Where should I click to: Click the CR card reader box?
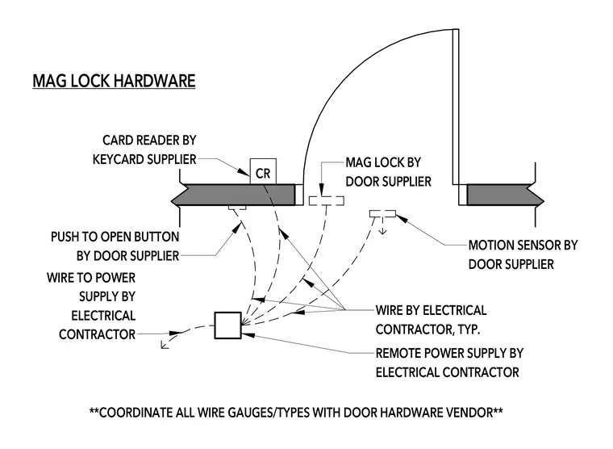263,171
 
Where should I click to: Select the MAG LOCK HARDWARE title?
114,81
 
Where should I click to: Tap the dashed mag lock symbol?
327,200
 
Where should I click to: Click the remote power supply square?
228,325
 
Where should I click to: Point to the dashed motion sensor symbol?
383,214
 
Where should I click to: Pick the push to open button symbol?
237,207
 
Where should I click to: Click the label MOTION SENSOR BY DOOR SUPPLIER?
523,255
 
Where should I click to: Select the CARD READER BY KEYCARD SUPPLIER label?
144,149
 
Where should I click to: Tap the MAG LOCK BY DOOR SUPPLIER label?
388,172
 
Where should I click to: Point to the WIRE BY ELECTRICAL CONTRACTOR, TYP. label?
431,320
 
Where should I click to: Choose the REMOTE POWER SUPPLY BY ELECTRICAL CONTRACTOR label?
449,363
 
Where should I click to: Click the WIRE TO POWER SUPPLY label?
91,306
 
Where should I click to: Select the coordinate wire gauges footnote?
296,412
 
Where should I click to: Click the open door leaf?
456,107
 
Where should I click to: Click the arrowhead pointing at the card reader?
244,171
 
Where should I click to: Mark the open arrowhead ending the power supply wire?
165,345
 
